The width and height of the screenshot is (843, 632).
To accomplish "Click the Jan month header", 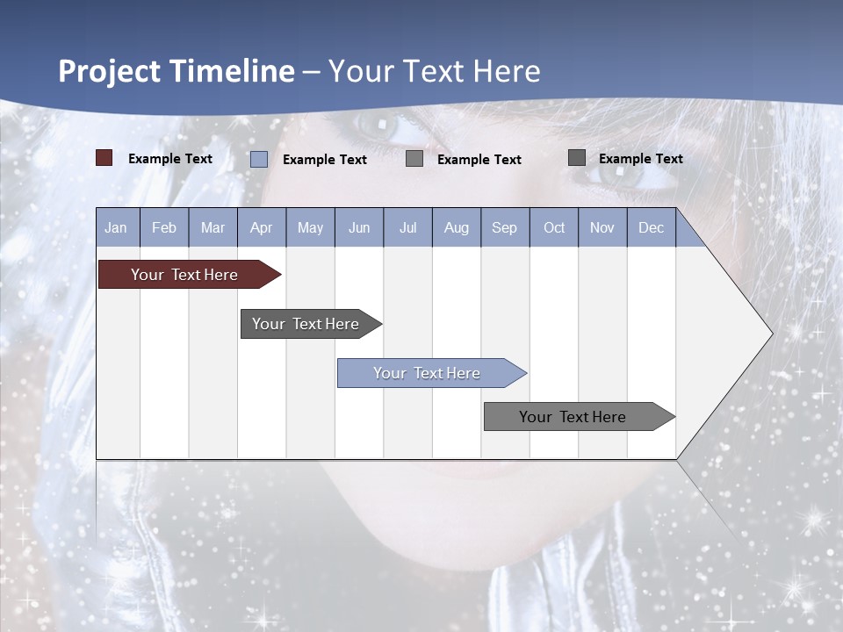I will (116, 227).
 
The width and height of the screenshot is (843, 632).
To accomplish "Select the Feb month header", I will (164, 227).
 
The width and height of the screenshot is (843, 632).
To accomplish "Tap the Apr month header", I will (261, 227).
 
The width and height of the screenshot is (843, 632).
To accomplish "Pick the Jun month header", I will (358, 227).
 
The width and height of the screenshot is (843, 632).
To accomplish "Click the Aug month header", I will (456, 227).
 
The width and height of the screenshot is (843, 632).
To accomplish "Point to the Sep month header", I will (504, 227).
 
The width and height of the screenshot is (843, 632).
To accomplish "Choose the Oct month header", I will (553, 227).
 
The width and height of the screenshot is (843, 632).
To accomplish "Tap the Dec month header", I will (651, 227).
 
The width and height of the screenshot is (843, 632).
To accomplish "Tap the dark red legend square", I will (104, 158).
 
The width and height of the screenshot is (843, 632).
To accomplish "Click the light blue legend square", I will (258, 159).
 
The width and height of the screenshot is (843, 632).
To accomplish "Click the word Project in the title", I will (110, 71).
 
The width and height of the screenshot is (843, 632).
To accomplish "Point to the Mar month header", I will (213, 227).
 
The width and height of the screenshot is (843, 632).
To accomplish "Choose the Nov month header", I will (602, 227).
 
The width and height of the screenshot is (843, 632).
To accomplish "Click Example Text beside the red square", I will (170, 159).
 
